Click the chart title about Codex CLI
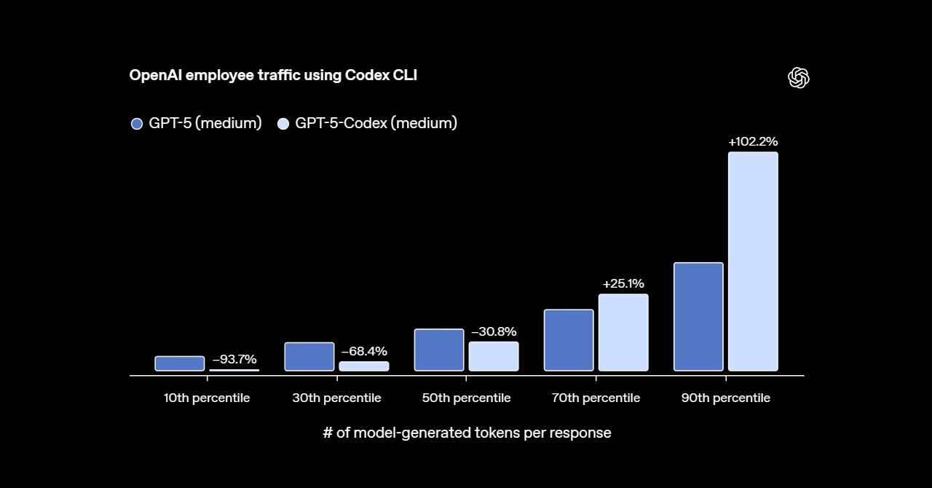coord(273,76)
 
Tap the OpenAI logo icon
coord(799,78)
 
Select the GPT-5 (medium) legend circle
coord(137,124)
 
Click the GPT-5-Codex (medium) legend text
coord(376,123)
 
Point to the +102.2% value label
coord(753,142)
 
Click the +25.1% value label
coord(623,284)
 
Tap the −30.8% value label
coord(494,332)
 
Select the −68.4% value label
coord(364,352)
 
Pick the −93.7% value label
coord(234,359)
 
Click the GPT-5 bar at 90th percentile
coord(698,317)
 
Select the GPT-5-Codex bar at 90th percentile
coord(753,261)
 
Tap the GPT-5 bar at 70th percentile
coord(569,340)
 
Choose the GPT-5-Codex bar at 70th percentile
coord(623,332)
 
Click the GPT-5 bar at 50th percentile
coord(439,350)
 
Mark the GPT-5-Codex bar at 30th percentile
coord(364,366)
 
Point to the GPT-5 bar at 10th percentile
coord(180,363)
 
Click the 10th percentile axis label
coord(207,398)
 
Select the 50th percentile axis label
coord(466,398)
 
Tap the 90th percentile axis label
coord(725,398)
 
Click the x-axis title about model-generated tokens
coord(467,433)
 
